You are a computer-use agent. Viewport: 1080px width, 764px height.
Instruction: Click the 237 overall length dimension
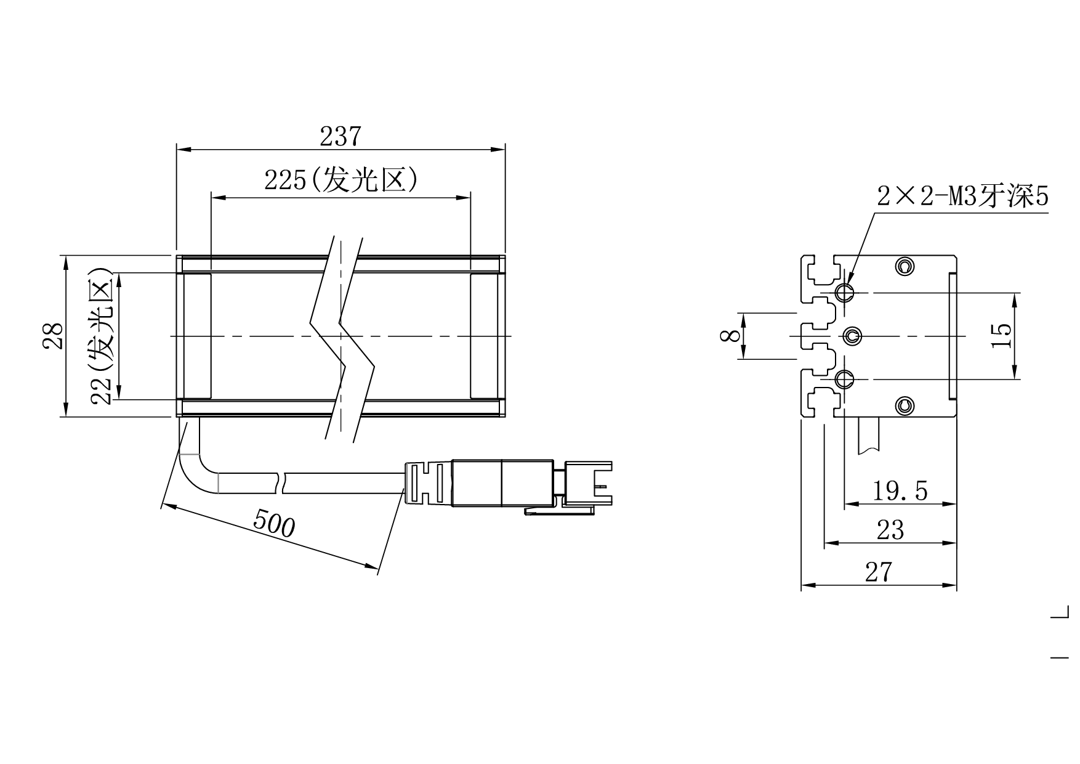[x=339, y=137]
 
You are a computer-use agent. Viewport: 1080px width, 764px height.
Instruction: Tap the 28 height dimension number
[x=54, y=336]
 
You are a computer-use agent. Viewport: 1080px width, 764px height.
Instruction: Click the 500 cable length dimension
[x=274, y=524]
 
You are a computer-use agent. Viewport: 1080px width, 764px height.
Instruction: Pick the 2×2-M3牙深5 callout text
[x=962, y=197]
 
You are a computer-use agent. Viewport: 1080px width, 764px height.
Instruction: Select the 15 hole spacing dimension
[x=1002, y=335]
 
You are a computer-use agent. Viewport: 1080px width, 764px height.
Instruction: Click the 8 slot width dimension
[x=731, y=336]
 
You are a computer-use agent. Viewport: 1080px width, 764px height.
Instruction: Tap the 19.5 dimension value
[x=900, y=491]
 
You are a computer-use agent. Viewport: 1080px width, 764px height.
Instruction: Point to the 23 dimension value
[x=890, y=530]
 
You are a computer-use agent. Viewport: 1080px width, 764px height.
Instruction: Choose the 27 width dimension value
[x=878, y=572]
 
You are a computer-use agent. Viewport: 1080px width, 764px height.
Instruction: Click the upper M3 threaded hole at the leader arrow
[x=845, y=292]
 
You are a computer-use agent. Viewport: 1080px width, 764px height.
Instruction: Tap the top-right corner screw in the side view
[x=904, y=266]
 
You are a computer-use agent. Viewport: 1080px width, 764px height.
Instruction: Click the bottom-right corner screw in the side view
[x=904, y=405]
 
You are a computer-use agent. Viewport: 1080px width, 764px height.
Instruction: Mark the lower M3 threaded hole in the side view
[x=845, y=379]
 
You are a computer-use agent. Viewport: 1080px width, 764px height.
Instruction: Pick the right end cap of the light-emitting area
[x=484, y=336]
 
